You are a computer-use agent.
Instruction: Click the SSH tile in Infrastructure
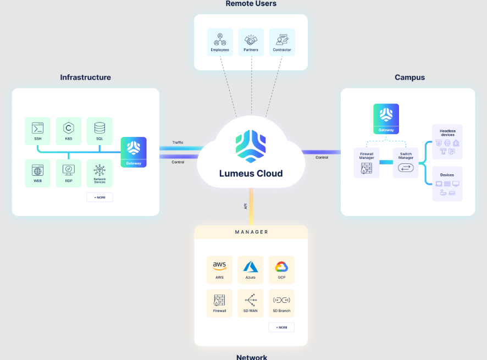[37, 130]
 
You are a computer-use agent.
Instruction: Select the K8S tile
[69, 130]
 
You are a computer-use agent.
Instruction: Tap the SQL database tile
[99, 130]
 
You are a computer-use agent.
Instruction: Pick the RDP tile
[69, 173]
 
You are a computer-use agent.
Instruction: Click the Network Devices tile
[99, 173]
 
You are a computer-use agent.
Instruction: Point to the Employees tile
[220, 42]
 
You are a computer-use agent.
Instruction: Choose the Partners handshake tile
[251, 42]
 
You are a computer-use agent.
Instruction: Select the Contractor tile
[282, 42]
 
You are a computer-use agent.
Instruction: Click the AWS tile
[219, 269]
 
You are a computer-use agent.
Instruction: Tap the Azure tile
[251, 269]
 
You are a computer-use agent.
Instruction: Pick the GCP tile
[281, 269]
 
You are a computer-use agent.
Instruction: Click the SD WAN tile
[251, 303]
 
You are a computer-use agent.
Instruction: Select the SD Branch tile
[281, 303]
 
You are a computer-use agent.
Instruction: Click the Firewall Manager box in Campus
[367, 162]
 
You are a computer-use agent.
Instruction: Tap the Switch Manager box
[406, 162]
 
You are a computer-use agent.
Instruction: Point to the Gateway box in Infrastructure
[134, 152]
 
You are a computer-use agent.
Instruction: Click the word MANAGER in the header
[251, 232]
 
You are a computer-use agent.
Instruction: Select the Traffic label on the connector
[178, 142]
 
